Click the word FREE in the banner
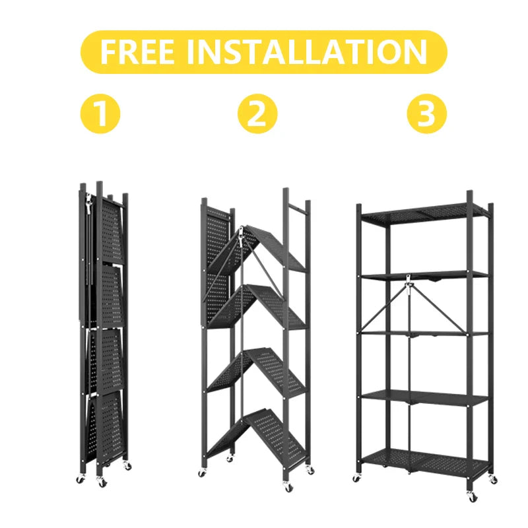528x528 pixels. [x=137, y=51]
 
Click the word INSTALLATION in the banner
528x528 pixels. [x=307, y=51]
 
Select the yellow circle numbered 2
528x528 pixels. [x=257, y=114]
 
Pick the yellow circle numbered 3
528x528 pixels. [x=426, y=114]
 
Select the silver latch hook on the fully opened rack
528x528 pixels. [x=410, y=284]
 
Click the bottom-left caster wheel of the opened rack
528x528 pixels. [x=357, y=477]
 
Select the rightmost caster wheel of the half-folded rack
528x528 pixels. [x=310, y=470]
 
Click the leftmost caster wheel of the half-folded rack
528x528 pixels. [x=202, y=473]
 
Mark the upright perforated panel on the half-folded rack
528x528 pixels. [x=216, y=264]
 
